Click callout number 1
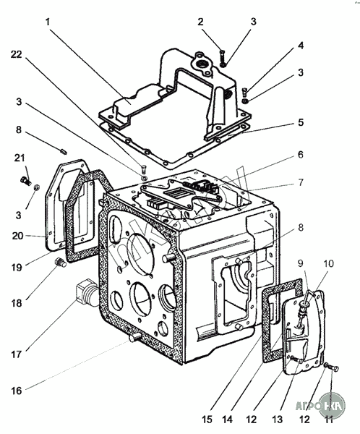point(48,22)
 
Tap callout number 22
point(17,54)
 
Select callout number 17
point(17,354)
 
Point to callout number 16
point(17,391)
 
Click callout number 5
point(301,122)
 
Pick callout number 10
point(328,263)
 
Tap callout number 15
point(207,420)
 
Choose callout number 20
point(17,236)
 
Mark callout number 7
point(301,182)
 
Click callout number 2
point(200,22)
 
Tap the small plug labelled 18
point(61,263)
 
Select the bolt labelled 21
point(25,181)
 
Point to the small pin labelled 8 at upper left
point(63,151)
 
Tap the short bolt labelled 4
point(244,91)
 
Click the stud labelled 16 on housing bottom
point(134,337)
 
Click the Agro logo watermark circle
point(332,405)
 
